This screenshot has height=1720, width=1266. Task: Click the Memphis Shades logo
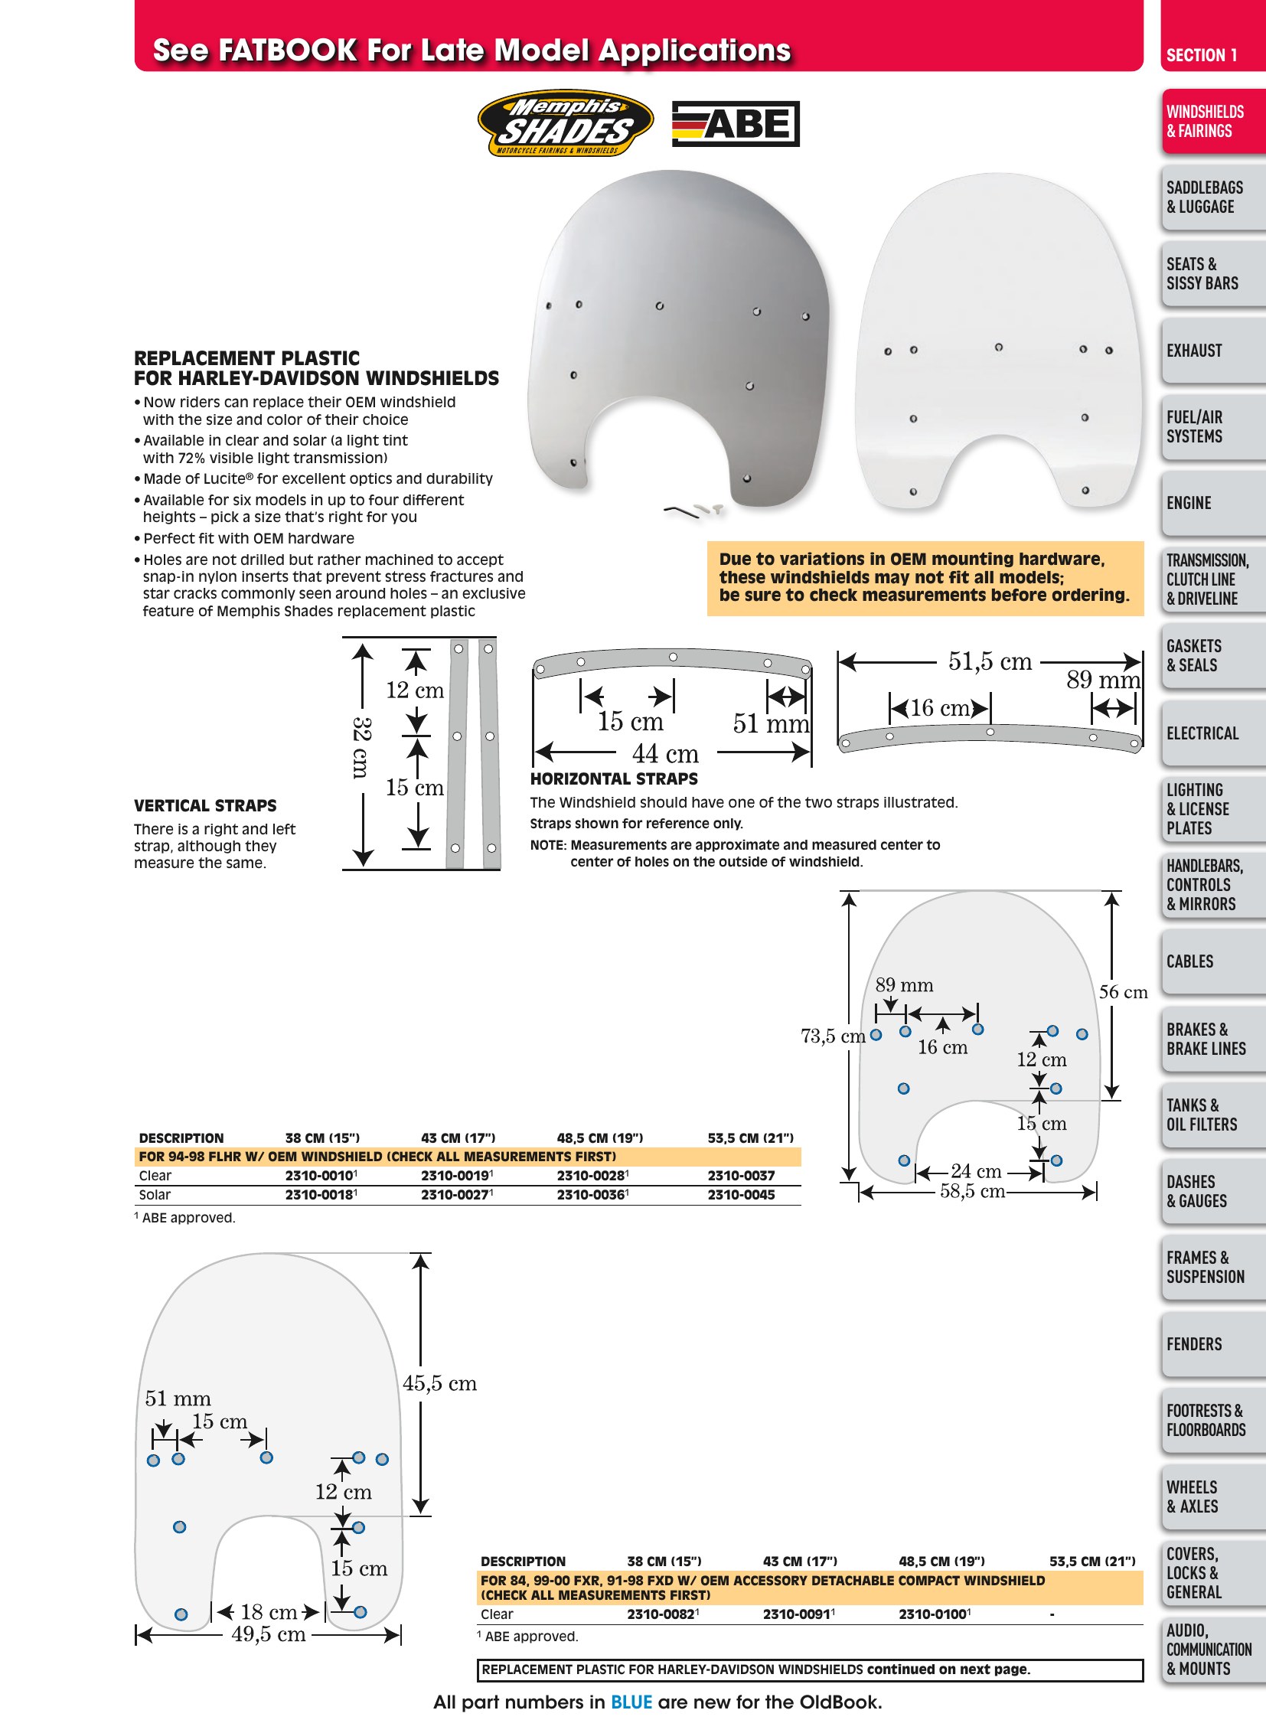point(566,123)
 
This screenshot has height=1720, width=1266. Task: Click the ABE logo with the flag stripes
point(736,123)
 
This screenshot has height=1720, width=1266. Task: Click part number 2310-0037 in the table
point(741,1175)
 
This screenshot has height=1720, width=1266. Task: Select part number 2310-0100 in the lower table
point(934,1614)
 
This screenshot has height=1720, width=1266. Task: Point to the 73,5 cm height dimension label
point(833,1036)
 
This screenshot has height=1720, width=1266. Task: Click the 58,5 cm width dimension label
point(973,1191)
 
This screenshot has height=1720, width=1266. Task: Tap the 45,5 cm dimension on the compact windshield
point(440,1383)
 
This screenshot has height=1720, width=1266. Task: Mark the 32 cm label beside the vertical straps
point(362,747)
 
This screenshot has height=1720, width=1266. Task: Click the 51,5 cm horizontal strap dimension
point(990,661)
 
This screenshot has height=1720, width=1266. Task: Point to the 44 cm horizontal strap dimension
point(665,753)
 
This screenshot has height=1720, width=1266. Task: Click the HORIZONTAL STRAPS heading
point(614,778)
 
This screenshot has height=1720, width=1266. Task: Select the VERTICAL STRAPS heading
point(205,805)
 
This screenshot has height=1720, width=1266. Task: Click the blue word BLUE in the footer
point(631,1702)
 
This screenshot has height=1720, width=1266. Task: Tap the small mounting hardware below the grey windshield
point(694,511)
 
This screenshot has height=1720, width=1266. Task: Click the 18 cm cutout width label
point(269,1612)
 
